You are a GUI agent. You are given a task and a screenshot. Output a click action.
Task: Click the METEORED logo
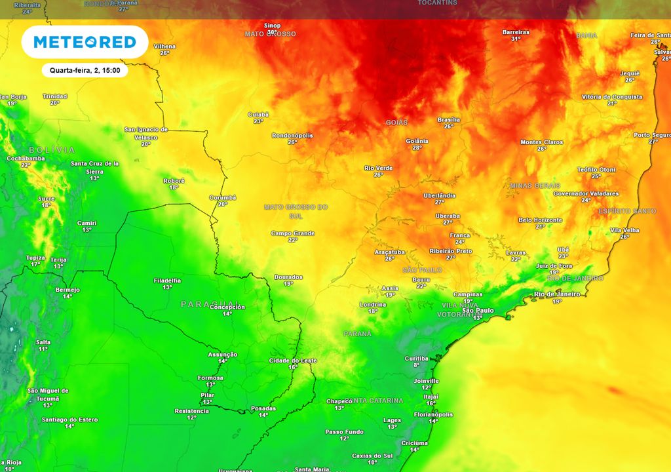pos(85,42)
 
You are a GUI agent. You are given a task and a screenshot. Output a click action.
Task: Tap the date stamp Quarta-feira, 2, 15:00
pos(85,69)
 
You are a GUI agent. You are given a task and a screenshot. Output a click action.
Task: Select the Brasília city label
pos(449,120)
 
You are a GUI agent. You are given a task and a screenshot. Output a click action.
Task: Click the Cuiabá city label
pos(258,115)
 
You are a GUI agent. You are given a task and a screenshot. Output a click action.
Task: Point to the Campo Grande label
pos(293,233)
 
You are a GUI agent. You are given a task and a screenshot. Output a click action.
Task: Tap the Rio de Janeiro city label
pos(557,294)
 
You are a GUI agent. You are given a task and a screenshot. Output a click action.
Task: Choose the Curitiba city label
pos(416,359)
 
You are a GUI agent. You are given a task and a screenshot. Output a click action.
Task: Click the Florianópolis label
pos(433,414)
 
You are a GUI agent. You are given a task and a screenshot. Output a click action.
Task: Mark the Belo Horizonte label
pos(540,220)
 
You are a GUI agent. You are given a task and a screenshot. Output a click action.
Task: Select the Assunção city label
pos(223,354)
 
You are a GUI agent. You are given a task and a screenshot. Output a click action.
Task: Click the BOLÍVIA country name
pos(52,150)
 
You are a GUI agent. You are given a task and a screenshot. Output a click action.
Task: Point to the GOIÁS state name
pos(396,123)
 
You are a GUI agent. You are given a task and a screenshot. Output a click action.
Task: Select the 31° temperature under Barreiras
pos(516,39)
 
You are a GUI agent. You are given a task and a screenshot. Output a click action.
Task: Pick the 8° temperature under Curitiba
pos(416,365)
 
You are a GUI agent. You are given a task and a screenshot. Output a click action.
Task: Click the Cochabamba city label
pos(26,158)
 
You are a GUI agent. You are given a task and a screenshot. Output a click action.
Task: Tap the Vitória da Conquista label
pos(612,96)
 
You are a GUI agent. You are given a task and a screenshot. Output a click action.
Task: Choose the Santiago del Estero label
pos(69,420)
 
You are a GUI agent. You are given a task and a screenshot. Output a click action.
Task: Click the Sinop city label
pos(272,25)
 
